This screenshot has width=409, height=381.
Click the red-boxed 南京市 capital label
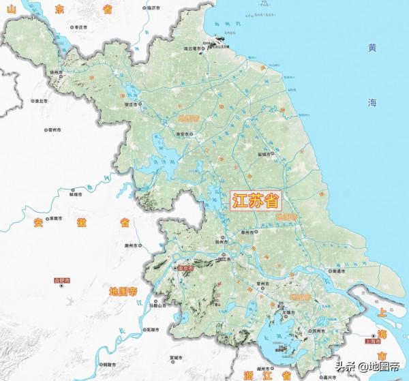pyautogui.click(x=186, y=269)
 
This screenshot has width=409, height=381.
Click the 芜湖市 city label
pyautogui.click(x=151, y=330)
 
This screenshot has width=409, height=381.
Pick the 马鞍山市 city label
pyautogui.click(x=160, y=306)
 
